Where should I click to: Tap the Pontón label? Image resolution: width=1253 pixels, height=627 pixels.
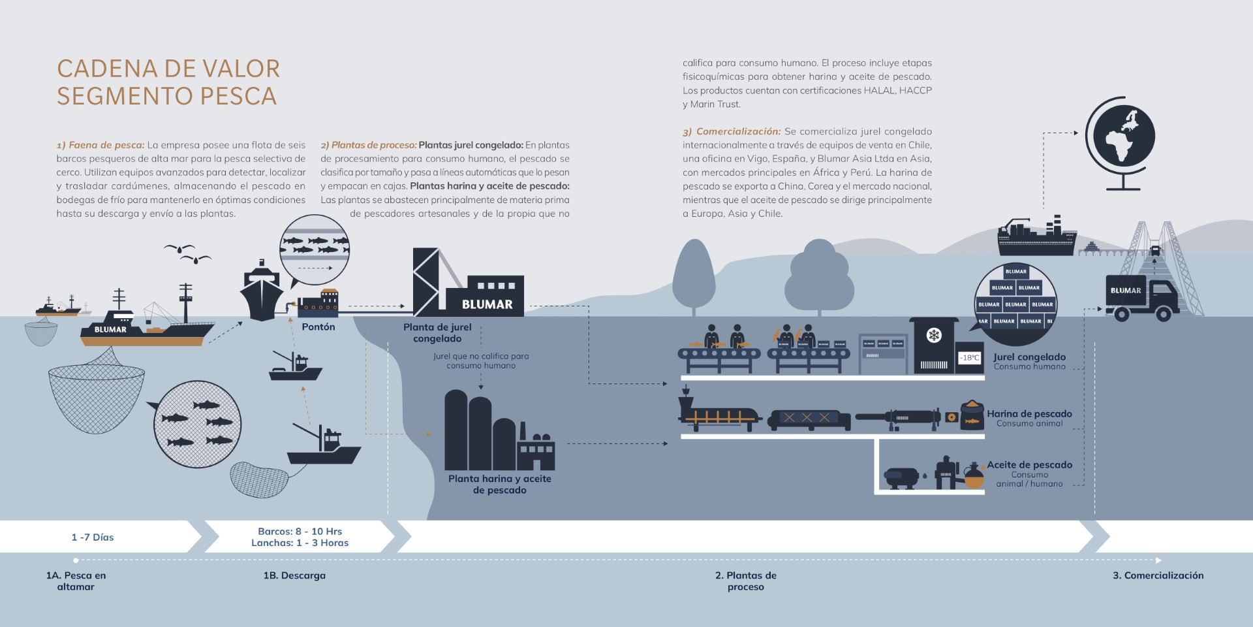pos(318,327)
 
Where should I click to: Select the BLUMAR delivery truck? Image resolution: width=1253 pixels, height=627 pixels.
pos(1142,299)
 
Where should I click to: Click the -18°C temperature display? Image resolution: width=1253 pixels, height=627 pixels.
pos(970,357)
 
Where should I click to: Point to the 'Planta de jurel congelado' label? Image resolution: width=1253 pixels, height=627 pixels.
pos(437,332)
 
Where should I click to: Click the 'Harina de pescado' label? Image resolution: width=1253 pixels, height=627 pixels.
pos(1029,413)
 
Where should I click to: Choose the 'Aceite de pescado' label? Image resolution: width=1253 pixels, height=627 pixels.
pos(1029,464)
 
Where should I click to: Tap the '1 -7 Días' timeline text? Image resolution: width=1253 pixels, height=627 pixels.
pos(93,537)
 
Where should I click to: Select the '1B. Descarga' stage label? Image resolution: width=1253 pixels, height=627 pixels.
pos(294,575)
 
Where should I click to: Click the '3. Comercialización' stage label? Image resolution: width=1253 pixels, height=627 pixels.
pos(1158,575)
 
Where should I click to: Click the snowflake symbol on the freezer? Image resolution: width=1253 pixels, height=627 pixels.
pos(934,336)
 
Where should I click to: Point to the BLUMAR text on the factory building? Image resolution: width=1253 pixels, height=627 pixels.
pos(487,304)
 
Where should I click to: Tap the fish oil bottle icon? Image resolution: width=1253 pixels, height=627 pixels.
pos(974,477)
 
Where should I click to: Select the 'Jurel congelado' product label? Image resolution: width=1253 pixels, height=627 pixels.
pos(1029,357)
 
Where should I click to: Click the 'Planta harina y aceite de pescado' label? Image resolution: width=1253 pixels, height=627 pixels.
pos(500,484)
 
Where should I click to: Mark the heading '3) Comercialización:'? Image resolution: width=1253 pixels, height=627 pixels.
pos(732,131)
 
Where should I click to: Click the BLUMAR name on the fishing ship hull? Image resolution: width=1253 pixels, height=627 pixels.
pos(110,329)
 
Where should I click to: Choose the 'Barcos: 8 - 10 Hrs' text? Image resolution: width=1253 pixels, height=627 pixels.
pos(300,531)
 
